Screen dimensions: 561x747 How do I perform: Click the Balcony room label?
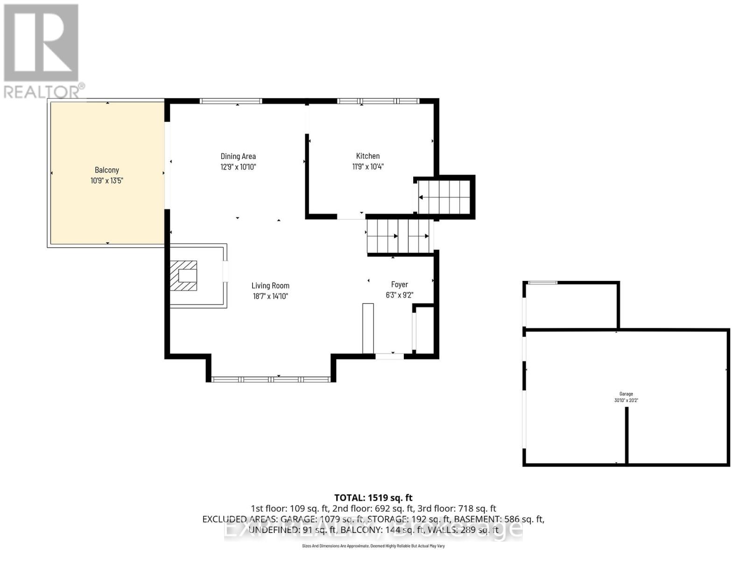[x=106, y=170]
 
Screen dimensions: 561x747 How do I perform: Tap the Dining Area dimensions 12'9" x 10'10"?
[x=238, y=167]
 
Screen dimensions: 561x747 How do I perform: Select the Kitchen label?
[x=368, y=156]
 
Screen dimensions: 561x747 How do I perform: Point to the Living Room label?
[x=270, y=286]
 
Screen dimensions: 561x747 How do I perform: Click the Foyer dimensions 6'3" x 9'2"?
[x=400, y=295]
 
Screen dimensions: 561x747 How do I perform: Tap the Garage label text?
[x=626, y=394]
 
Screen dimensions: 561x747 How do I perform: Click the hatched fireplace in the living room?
[x=183, y=276]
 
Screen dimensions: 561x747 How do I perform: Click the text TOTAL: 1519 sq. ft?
[x=373, y=497]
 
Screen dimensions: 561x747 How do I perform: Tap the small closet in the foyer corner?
[x=425, y=329]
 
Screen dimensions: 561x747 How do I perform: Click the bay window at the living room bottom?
[x=271, y=379]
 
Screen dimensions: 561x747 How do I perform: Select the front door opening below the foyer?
[x=390, y=356]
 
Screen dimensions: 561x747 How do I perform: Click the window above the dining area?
[x=231, y=101]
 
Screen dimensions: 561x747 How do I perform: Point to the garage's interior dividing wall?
[x=627, y=435]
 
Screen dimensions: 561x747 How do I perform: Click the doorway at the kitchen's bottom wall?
[x=351, y=216]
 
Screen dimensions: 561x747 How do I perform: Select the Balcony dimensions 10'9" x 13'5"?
[x=106, y=180]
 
